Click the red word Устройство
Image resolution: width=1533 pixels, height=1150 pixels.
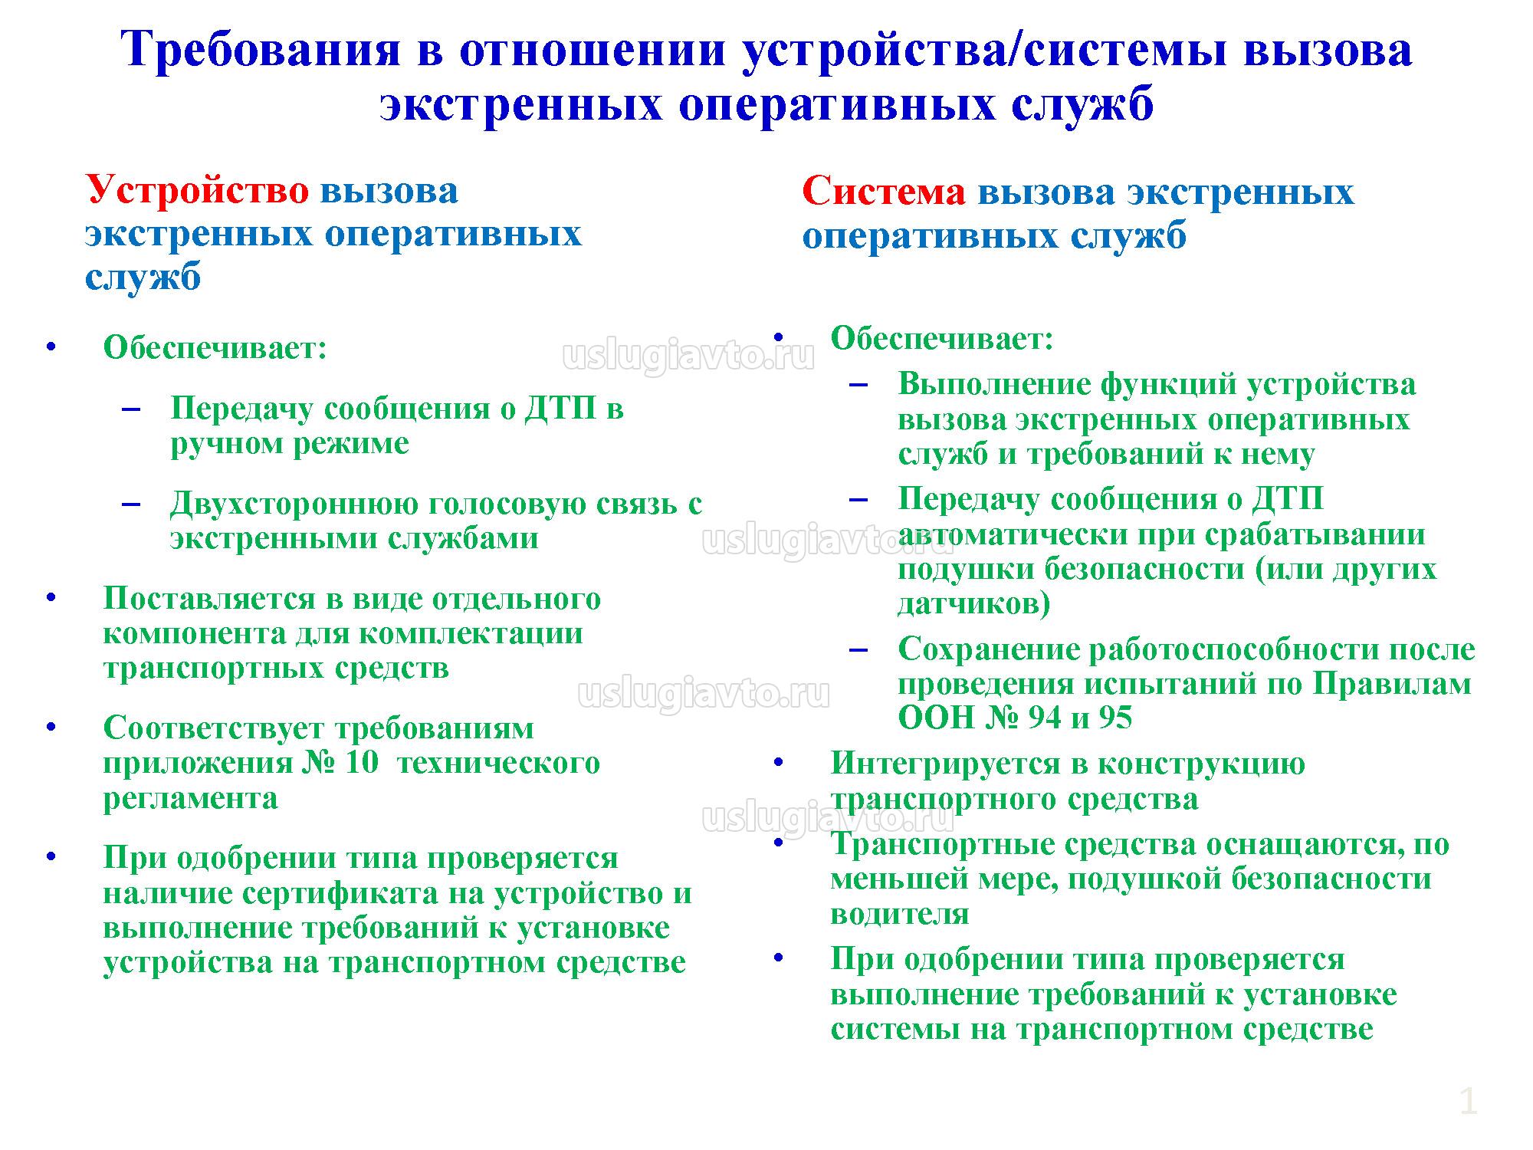click(x=197, y=191)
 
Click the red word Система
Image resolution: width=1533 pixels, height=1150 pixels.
click(x=884, y=192)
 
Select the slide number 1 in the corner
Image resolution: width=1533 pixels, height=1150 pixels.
click(x=1468, y=1102)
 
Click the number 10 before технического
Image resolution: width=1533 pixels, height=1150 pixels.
click(x=362, y=764)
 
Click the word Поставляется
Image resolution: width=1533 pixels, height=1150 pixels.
click(x=212, y=599)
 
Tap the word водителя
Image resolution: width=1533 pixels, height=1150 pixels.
click(x=901, y=914)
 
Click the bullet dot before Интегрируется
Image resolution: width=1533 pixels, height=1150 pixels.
click(x=779, y=762)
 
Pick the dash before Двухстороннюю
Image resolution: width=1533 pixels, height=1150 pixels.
click(x=131, y=504)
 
